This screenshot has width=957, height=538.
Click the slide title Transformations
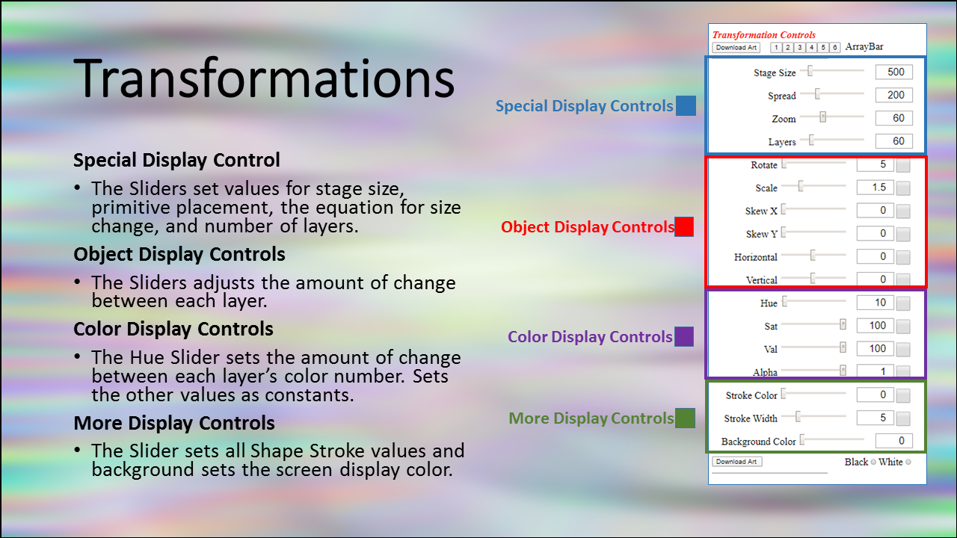click(264, 78)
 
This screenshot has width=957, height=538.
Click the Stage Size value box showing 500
click(893, 72)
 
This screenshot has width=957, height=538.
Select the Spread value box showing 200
click(893, 95)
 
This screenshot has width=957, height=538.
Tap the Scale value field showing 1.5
click(875, 187)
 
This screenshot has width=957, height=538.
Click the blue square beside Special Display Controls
click(686, 106)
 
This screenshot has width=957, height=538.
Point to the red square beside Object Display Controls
click(684, 226)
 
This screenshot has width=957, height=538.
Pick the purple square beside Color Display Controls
click(684, 336)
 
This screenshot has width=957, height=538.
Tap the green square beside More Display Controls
click(685, 418)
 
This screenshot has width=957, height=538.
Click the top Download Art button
click(736, 47)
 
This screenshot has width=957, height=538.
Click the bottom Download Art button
click(737, 462)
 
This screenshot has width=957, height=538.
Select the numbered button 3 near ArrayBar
click(800, 47)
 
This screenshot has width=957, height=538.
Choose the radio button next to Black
click(873, 462)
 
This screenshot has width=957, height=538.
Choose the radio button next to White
click(908, 462)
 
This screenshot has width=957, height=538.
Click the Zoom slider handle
click(823, 117)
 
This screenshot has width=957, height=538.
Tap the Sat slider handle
click(843, 324)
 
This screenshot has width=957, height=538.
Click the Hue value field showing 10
click(875, 303)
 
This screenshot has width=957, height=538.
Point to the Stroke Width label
click(751, 418)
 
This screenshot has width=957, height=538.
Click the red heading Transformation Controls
click(764, 35)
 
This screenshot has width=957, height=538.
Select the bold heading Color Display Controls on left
click(173, 330)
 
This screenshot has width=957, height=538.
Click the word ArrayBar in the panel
click(864, 46)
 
